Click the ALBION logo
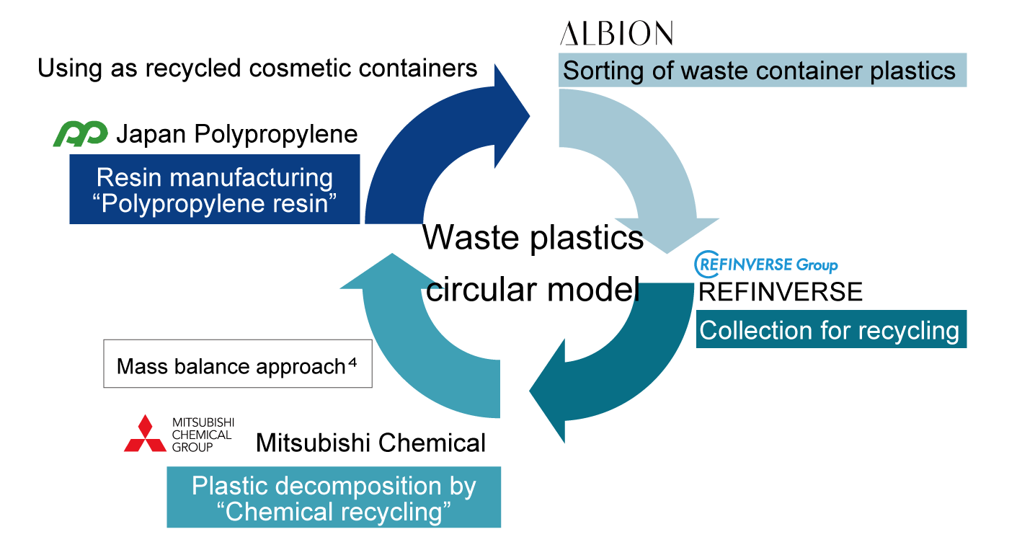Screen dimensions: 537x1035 pos(616,33)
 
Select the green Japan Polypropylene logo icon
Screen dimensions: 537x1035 pos(80,134)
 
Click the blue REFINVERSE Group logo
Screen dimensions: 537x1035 pos(766,265)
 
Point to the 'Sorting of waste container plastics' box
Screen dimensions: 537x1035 pos(762,70)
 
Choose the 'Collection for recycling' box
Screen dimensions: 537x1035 pos(830,330)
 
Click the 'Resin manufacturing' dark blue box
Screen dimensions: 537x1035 pos(215,189)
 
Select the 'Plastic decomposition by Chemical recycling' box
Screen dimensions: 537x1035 pos(334,498)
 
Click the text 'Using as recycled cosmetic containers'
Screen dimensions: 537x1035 pos(257,68)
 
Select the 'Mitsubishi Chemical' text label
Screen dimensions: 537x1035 pos(370,443)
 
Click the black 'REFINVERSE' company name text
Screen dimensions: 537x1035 pos(781,291)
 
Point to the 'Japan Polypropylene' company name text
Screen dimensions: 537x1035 pos(236,134)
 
